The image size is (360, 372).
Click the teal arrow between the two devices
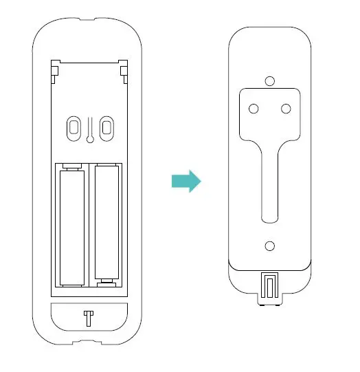click(185, 182)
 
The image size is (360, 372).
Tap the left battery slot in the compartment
click(71, 226)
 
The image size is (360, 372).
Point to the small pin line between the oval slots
click(89, 131)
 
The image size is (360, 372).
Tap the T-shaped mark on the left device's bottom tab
click(88, 318)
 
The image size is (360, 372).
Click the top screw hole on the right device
click(270, 81)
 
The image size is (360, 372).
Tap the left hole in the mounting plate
click(254, 108)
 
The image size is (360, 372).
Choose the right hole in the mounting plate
click(286, 108)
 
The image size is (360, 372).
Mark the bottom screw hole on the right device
click(270, 245)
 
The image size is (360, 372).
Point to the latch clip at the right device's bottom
click(270, 285)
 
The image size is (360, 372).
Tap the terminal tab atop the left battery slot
click(71, 166)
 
